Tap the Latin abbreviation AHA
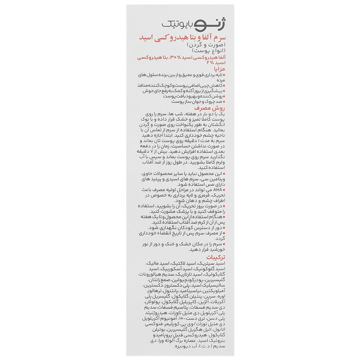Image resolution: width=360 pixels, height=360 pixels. click(x=215, y=190)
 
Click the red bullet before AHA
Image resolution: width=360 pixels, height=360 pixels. click(x=223, y=190)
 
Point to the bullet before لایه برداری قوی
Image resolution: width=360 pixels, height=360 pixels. click(x=223, y=75)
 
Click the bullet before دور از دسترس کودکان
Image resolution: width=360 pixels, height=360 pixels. click(x=223, y=226)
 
